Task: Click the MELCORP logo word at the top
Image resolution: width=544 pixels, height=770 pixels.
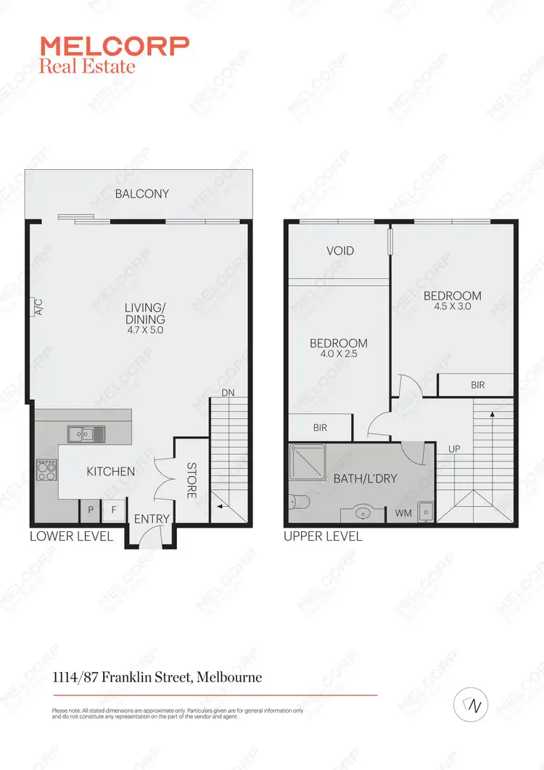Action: pos(115,46)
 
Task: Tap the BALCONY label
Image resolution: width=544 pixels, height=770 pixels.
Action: pos(141,194)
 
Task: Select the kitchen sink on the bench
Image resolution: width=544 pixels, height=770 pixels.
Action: pos(86,434)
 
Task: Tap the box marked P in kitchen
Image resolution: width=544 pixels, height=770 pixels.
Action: pos(90,510)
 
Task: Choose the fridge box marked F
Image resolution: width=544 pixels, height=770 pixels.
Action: pos(112,510)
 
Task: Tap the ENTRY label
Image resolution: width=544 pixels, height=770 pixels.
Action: pos(152,519)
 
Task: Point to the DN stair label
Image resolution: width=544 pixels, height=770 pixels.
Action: pos(228,393)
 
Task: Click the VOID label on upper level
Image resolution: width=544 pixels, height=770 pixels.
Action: pos(340,250)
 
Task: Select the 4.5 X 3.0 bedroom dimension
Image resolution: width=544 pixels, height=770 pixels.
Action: pos(453,307)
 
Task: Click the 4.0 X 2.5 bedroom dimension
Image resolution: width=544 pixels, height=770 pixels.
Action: pos(338,355)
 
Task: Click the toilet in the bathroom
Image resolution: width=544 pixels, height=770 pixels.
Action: pos(298,501)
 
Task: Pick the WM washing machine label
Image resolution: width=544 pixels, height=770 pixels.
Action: pos(403,513)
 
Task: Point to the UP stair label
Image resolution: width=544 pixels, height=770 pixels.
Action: pos(455,449)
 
